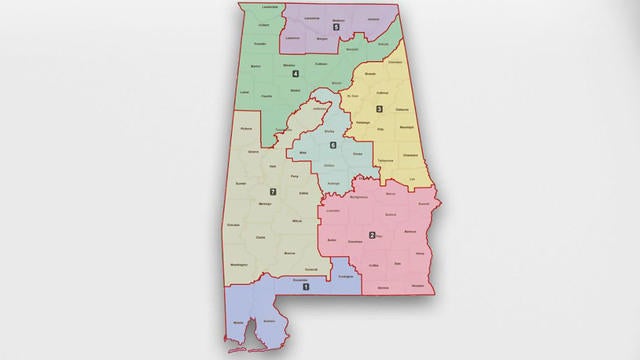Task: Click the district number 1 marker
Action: pos(306,287)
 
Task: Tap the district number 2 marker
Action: pos(372,236)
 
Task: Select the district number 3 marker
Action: pos(379,108)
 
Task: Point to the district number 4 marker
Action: pos(295,74)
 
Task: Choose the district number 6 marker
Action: pos(332,146)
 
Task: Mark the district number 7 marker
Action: pos(272,191)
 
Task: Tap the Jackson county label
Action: pos(373,19)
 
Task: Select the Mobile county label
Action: pos(239,323)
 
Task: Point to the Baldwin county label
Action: pos(268,321)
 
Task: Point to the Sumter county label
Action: pos(240,185)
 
